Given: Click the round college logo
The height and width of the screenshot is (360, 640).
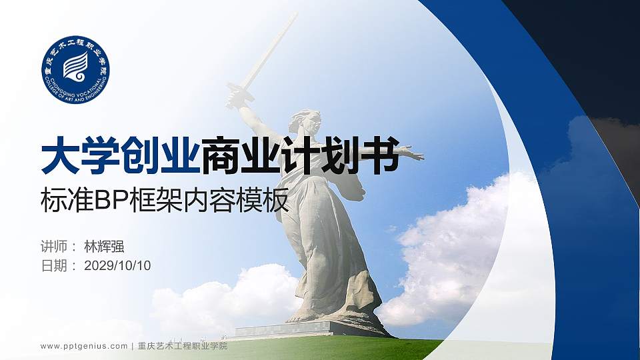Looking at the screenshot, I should click(75, 69).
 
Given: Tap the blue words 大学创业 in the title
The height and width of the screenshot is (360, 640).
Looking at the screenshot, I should click(120, 155).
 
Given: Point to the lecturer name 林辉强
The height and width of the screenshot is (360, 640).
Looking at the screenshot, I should click(104, 245).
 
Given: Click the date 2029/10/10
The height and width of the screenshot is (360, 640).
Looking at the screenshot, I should click(118, 265).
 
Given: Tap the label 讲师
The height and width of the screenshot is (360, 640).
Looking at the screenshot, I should click(54, 245).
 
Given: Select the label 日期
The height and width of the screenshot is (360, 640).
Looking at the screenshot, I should click(54, 265).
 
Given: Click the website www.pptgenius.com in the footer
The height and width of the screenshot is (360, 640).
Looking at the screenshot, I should click(83, 347).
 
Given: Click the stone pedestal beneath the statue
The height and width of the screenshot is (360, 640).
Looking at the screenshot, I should click(287, 329).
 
